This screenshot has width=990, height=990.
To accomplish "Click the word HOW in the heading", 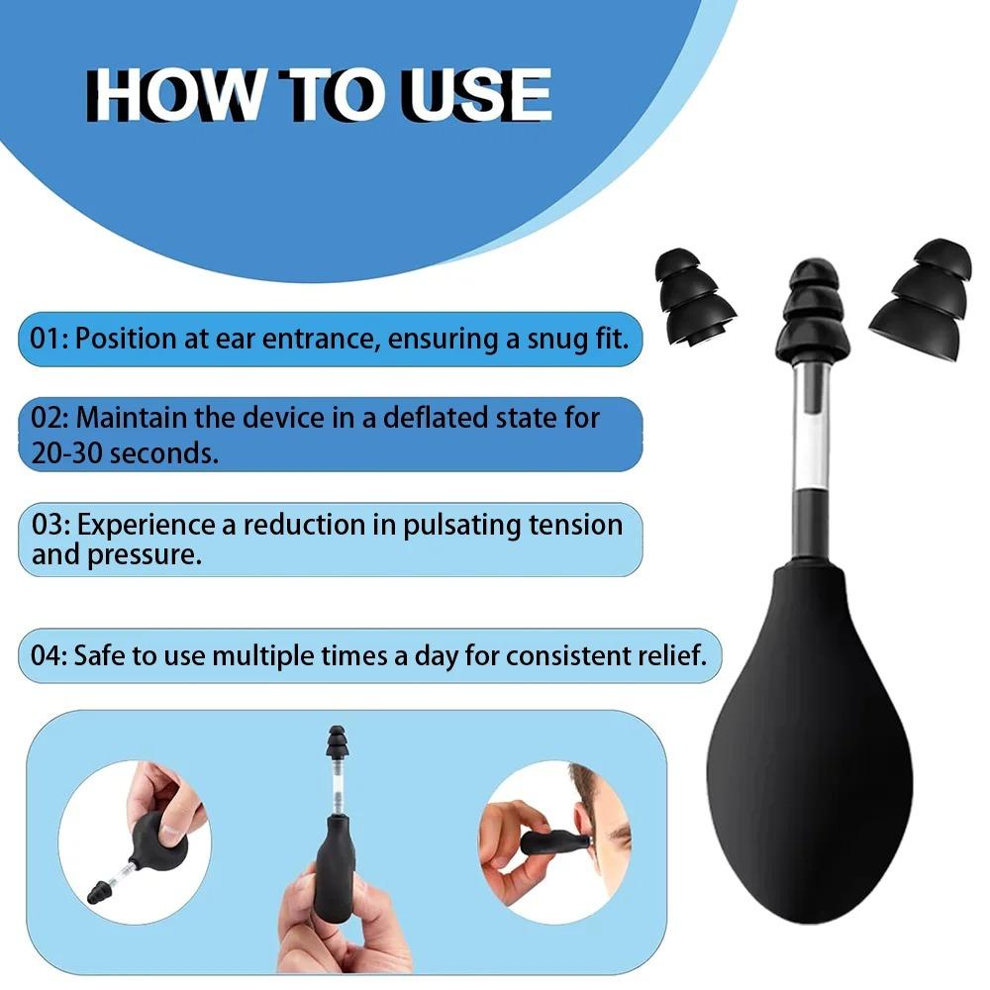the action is pyautogui.click(x=173, y=95).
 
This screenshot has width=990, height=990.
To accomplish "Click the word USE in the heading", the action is pyautogui.click(x=478, y=95).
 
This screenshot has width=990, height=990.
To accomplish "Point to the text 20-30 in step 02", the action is pyautogui.click(x=65, y=453).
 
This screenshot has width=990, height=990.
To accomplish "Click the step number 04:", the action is pyautogui.click(x=49, y=656).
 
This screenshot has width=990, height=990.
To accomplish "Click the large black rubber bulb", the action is pyautogui.click(x=809, y=740).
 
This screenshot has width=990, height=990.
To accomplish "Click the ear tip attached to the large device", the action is pyautogui.click(x=813, y=309).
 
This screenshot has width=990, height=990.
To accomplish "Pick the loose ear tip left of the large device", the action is pyautogui.click(x=694, y=297).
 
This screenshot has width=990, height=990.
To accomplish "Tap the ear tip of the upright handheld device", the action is pyautogui.click(x=338, y=742).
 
